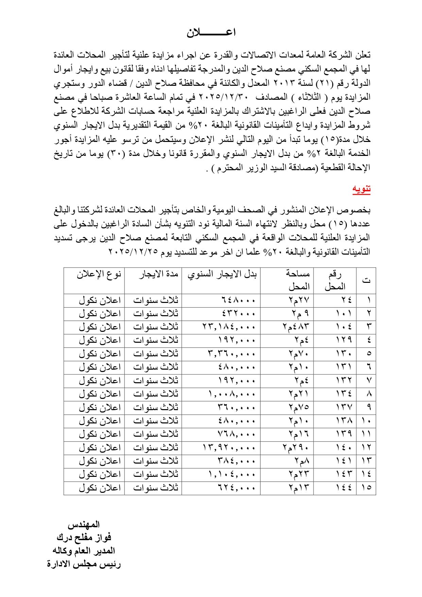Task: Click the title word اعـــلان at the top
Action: pyautogui.click(x=211, y=33)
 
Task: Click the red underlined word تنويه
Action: pyautogui.click(x=361, y=190)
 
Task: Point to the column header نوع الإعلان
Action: pyautogui.click(x=99, y=274)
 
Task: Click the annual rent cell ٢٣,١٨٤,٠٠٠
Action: pyautogui.click(x=229, y=327)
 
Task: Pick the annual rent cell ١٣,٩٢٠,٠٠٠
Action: pyautogui.click(x=229, y=448)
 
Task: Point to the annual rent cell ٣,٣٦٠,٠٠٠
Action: pyautogui.click(x=231, y=354)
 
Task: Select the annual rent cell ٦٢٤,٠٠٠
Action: pyautogui.click(x=236, y=488)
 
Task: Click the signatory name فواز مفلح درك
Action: pyautogui.click(x=84, y=537)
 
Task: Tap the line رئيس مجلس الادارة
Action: pyautogui.click(x=84, y=564)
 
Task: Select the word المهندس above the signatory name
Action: pyautogui.click(x=84, y=525)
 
